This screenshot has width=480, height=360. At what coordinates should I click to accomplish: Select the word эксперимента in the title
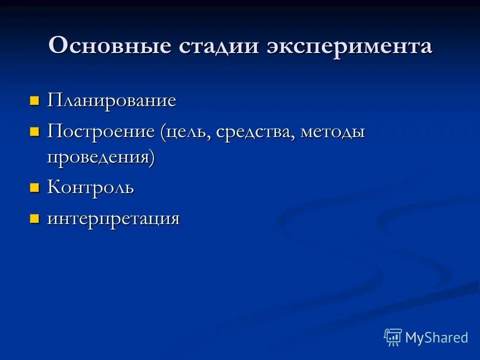[349, 46]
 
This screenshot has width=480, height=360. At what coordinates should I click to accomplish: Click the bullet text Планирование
[111, 100]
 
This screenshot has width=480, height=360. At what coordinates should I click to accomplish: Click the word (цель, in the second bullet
[186, 132]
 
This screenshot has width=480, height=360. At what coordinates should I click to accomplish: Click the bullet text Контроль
[90, 188]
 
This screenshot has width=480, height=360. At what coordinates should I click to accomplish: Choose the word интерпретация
[113, 219]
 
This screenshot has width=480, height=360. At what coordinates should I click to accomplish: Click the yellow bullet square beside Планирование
[34, 101]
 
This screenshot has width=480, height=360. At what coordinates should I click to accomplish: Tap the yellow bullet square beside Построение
[34, 132]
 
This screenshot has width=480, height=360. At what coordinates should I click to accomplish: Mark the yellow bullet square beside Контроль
[34, 188]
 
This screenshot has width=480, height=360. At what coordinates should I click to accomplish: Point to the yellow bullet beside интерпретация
[34, 219]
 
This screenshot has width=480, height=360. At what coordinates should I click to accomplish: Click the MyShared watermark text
[436, 337]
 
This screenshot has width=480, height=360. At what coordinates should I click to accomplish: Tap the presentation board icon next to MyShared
[393, 337]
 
